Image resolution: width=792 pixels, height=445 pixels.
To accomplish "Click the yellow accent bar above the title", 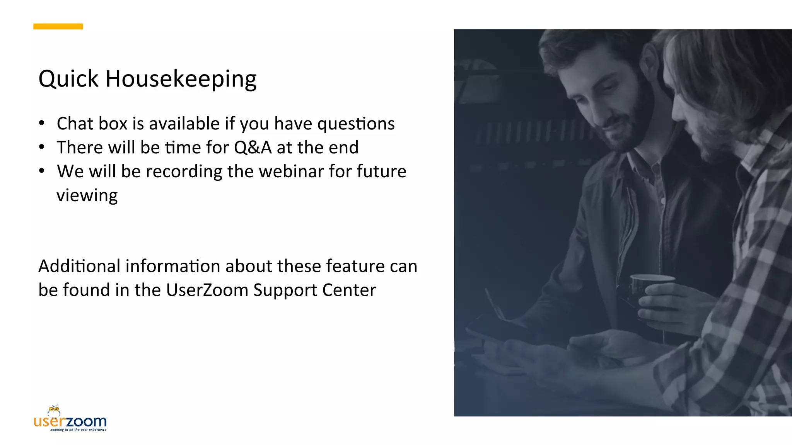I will [x=58, y=26].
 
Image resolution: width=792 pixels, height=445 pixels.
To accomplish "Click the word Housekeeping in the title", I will [x=181, y=79].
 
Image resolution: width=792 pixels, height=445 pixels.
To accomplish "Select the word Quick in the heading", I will [x=68, y=79].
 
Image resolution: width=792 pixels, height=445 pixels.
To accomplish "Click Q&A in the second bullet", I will [x=253, y=148].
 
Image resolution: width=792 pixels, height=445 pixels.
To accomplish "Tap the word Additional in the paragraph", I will [x=79, y=266].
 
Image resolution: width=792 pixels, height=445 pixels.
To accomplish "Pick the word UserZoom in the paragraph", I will [x=207, y=290].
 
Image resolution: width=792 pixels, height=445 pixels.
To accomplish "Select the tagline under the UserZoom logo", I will [x=78, y=430].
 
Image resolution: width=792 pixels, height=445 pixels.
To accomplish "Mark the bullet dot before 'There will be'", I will [x=42, y=147].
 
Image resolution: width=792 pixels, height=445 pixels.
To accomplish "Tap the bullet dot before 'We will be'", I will [x=42, y=171].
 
